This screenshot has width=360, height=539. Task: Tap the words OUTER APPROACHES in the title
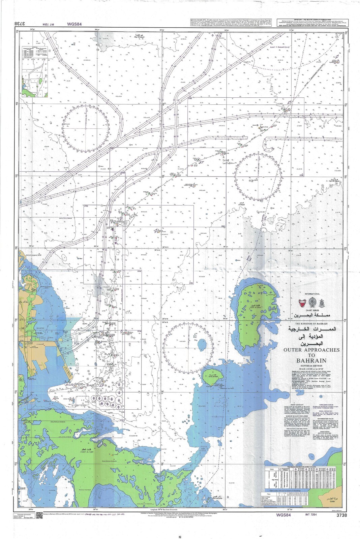(311, 350)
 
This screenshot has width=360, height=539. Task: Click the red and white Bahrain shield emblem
(306, 302)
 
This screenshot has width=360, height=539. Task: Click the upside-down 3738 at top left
(21, 24)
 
